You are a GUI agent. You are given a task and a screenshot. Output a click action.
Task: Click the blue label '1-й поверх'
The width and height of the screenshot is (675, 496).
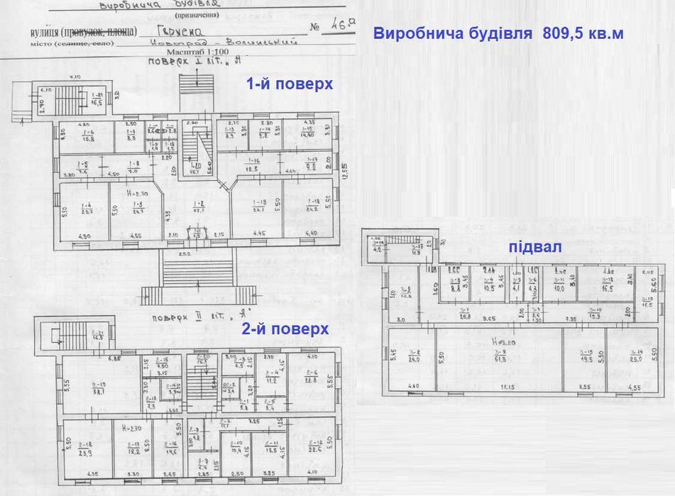click(289, 84)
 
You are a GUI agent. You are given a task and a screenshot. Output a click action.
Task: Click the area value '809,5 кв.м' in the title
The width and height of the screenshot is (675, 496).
click(583, 33)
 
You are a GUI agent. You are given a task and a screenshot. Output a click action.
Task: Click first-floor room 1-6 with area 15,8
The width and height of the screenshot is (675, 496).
click(89, 136)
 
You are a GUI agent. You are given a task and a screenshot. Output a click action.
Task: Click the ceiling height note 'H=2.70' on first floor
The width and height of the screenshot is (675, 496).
click(137, 194)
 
